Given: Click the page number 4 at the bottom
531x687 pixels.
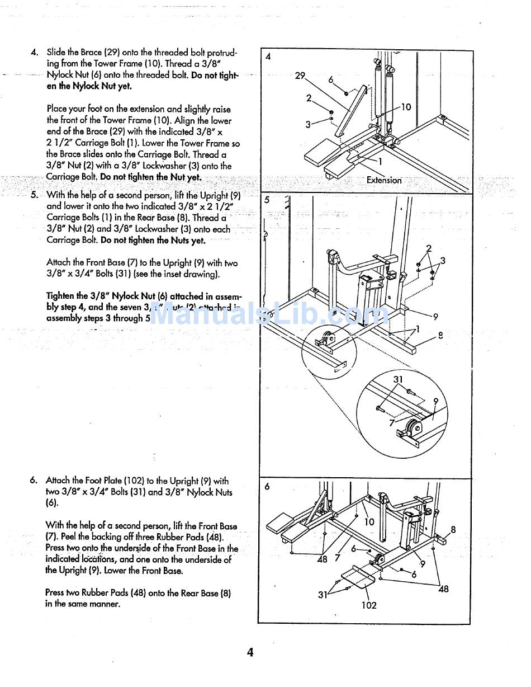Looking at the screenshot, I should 250,652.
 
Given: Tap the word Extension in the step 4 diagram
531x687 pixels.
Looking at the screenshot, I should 384,180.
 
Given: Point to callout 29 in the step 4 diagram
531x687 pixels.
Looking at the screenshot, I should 300,76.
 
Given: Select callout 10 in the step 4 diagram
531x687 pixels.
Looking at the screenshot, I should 406,107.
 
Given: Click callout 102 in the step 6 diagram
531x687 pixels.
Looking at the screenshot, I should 369,605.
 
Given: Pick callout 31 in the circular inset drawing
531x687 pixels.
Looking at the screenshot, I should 398,379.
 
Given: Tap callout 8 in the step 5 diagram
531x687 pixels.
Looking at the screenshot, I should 440,336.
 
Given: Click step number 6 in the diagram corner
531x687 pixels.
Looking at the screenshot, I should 267,486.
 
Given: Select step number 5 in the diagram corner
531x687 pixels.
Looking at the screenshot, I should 267,200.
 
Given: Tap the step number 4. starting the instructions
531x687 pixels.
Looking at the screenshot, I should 35,53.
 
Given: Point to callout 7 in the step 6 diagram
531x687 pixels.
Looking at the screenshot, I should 337,557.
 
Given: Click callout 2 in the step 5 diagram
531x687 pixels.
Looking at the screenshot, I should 429,248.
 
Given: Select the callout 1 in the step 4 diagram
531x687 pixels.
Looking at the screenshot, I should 380,162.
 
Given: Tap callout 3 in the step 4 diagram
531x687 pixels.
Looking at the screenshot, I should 307,124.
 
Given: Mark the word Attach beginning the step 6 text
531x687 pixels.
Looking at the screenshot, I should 58,481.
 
